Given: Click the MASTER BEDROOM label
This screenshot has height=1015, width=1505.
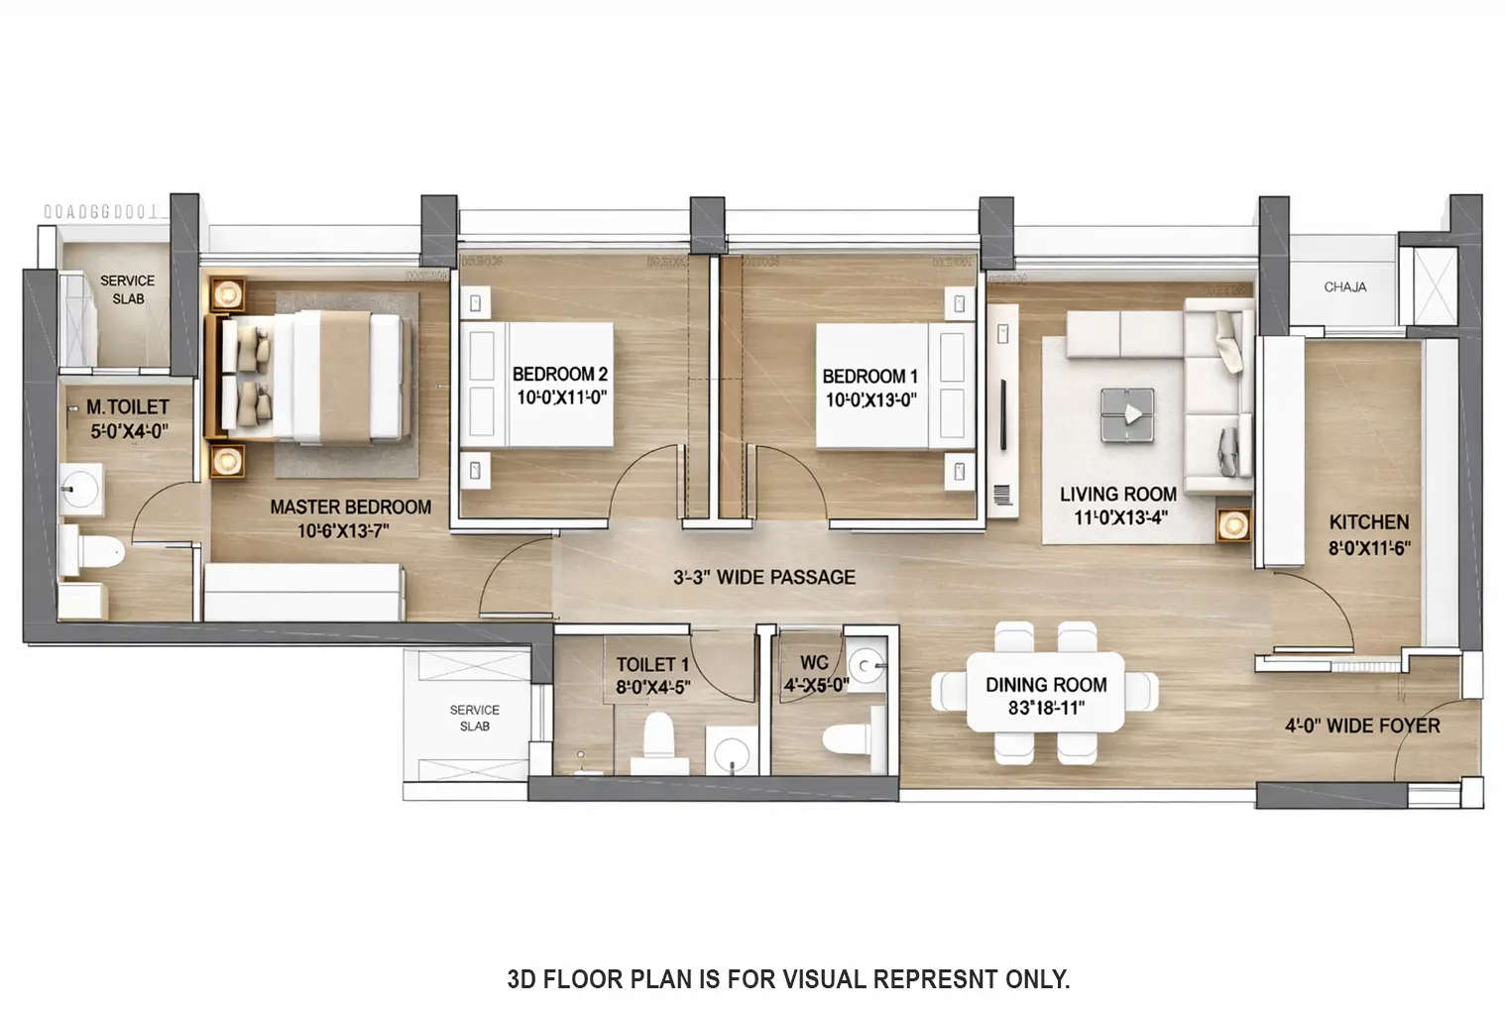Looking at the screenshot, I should click(x=350, y=507).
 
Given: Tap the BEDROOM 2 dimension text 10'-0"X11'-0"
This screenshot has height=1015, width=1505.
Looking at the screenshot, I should click(x=561, y=397).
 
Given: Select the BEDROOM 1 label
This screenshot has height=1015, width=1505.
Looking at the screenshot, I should click(x=869, y=377).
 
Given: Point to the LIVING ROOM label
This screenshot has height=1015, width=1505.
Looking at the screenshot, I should click(x=1117, y=494).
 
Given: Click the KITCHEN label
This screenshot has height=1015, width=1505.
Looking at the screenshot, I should click(x=1368, y=522).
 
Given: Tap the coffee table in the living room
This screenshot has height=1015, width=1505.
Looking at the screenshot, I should click(x=1127, y=414).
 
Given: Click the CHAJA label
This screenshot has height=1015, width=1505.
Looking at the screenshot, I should click(x=1344, y=286).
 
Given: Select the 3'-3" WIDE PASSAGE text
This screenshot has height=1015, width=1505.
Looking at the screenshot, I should click(x=763, y=577).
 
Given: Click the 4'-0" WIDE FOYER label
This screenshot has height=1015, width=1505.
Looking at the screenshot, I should click(x=1362, y=726).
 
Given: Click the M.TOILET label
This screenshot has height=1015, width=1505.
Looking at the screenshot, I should click(x=127, y=406).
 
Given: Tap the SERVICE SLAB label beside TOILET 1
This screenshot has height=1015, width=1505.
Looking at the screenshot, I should click(x=474, y=718).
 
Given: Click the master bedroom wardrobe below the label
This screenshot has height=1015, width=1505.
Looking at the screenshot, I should click(x=303, y=592).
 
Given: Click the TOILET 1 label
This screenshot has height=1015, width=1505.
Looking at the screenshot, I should click(x=651, y=664).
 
